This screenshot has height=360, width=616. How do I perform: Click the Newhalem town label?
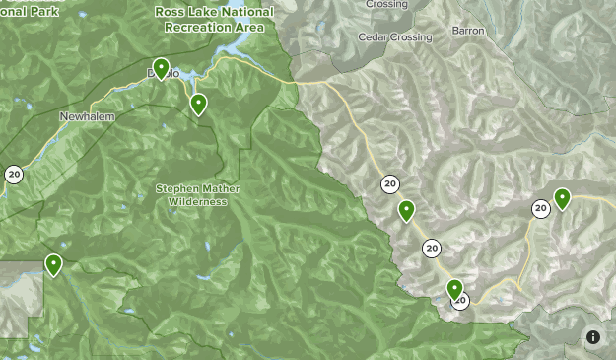coord(87,116)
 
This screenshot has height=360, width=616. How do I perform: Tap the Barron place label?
coord(468,31)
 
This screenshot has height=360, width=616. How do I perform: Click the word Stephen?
coord(176,187)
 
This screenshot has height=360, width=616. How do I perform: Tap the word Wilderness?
coord(197,201)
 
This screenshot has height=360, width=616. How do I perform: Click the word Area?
coord(250,28)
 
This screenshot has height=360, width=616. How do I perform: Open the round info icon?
coord(593,337)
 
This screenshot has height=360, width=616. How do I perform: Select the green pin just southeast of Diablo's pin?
coord(198,104)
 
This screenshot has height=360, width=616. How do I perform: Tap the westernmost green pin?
coord(53,264)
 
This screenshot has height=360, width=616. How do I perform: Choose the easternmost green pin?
coord(562,199)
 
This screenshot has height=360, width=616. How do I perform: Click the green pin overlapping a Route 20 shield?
coord(454,290)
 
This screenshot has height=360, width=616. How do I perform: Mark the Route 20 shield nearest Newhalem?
coord(14,175)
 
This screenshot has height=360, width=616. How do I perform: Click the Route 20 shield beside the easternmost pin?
coord(541,208)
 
